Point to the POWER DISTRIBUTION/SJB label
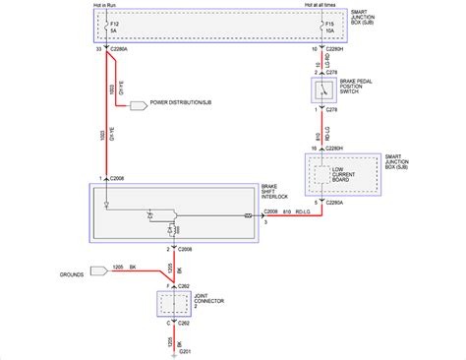[x=181, y=102]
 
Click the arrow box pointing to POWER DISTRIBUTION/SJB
[x=133, y=102]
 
